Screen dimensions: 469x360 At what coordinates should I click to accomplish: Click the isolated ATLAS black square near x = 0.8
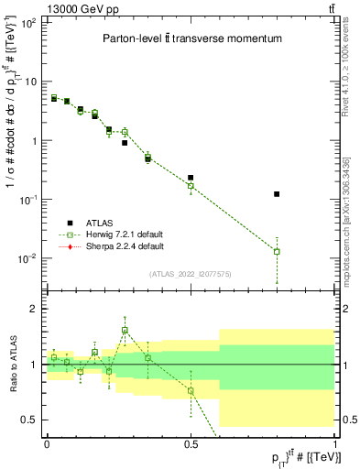pyautogui.click(x=277, y=194)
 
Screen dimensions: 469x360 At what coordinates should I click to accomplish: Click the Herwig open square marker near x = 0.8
pyautogui.click(x=277, y=251)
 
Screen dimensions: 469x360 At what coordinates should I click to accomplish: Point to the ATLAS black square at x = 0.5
pyautogui.click(x=191, y=178)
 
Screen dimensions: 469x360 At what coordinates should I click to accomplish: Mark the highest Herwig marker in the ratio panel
pyautogui.click(x=125, y=331)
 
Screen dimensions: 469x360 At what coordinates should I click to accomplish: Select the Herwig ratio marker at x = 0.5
pyautogui.click(x=191, y=391)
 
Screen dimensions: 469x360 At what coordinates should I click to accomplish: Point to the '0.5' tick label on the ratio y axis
pyautogui.click(x=30, y=420)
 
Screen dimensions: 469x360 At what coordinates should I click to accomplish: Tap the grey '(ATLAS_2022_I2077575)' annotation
pyautogui.click(x=191, y=273)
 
